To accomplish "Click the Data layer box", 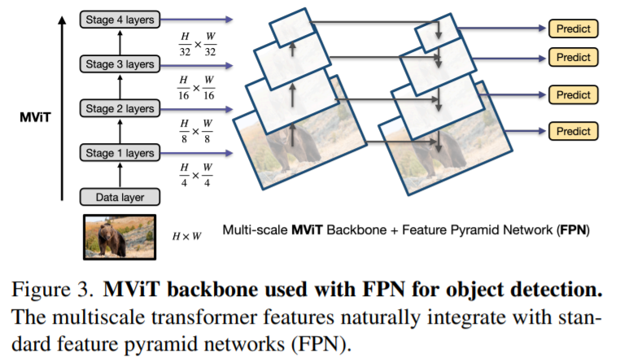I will (x=120, y=196).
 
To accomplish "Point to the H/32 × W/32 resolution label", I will (x=197, y=46).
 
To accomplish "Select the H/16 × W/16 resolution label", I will (x=197, y=89).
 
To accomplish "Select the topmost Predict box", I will (x=574, y=28).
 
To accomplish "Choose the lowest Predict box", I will (x=574, y=130).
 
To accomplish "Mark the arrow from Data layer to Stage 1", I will (x=120, y=174).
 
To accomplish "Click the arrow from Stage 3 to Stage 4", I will (x=120, y=40).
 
